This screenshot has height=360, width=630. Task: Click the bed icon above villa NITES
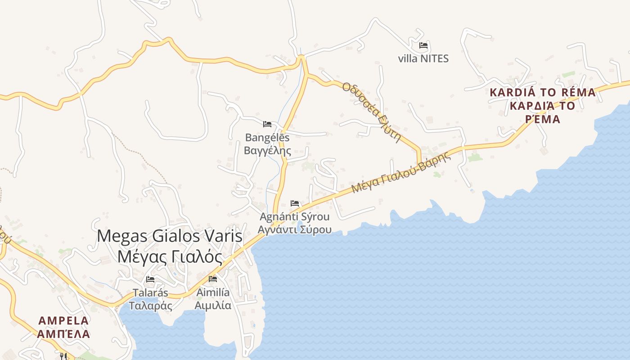pyautogui.click(x=423, y=45)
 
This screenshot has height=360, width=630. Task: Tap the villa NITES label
pyautogui.click(x=423, y=58)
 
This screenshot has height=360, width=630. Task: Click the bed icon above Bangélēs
pyautogui.click(x=267, y=124)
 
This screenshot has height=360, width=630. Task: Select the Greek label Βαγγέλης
pyautogui.click(x=267, y=150)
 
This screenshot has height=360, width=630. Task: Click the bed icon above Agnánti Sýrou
pyautogui.click(x=295, y=203)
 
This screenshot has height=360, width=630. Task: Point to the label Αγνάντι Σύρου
pyautogui.click(x=294, y=229)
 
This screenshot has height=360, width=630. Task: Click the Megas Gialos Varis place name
pyautogui.click(x=170, y=236)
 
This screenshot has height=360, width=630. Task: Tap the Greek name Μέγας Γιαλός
pyautogui.click(x=170, y=257)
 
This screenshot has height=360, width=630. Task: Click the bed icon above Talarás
pyautogui.click(x=150, y=279)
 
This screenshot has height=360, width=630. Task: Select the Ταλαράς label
pyautogui.click(x=150, y=306)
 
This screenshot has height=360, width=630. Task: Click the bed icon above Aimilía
pyautogui.click(x=213, y=279)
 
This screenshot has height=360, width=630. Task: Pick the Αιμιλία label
pyautogui.click(x=213, y=306)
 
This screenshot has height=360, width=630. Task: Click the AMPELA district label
pyautogui.click(x=63, y=321)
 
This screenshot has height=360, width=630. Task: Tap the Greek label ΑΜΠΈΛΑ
pyautogui.click(x=63, y=334)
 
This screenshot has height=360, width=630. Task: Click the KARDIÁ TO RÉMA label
pyautogui.click(x=542, y=93)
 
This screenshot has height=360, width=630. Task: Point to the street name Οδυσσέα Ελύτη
pyautogui.click(x=371, y=112)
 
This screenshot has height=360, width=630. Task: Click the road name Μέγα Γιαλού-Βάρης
pyautogui.click(x=401, y=173)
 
